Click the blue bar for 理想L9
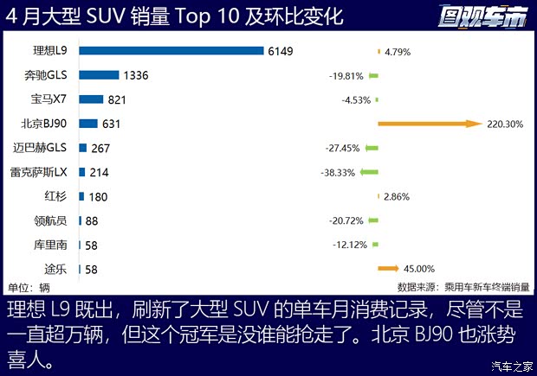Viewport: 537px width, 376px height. coord(171,51)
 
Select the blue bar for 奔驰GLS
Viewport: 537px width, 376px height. coord(99,75)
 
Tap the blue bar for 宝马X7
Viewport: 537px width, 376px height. coord(91,99)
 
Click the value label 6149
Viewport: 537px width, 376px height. coord(281,51)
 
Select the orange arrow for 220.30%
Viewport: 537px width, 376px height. coord(429,124)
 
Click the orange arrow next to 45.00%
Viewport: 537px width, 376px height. coord(387,269)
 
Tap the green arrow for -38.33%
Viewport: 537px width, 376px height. coord(369,172)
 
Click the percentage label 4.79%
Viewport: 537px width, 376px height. coord(397,52)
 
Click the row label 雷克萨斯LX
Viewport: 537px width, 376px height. coord(44,172)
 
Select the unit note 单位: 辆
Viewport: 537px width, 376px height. coord(29,286)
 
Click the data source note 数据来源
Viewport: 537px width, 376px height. coord(463,286)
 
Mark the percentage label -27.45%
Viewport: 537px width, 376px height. coord(342,149)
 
